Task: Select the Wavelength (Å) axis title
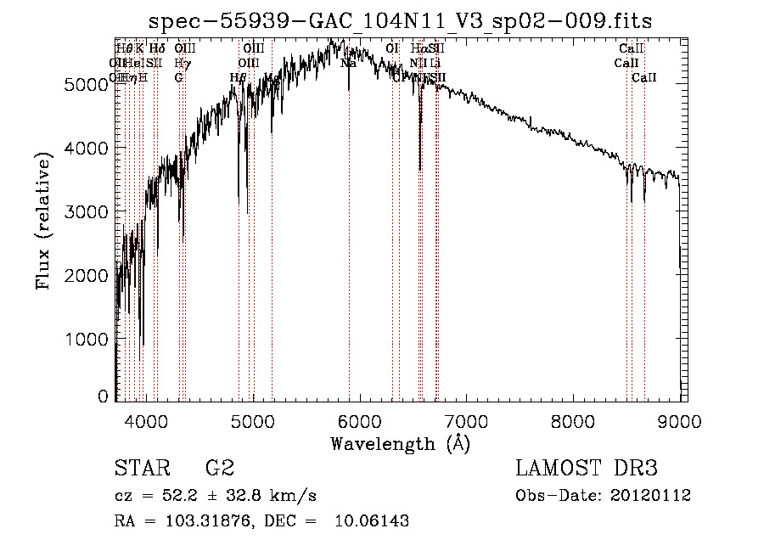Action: [400, 443]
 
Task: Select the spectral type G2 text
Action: [220, 468]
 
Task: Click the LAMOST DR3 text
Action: [587, 468]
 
